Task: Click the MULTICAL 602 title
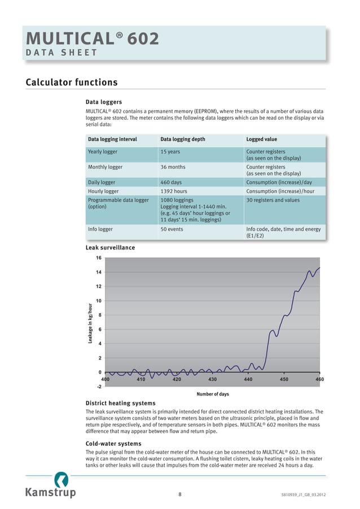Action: [x=93, y=39]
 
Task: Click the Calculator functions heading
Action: [x=72, y=82]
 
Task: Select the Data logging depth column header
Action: [x=183, y=139]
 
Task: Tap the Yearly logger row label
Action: [x=103, y=152]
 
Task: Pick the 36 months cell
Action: [x=173, y=167]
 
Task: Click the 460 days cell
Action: [x=172, y=182]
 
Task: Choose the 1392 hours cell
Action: [x=174, y=191]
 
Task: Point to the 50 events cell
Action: [x=172, y=229]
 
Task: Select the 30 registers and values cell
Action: [x=273, y=200]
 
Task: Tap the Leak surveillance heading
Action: [x=110, y=247]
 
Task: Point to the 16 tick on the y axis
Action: [x=98, y=258]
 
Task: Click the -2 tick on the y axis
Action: [x=99, y=387]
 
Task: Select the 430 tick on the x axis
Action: [x=212, y=379]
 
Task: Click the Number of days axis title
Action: [x=212, y=394]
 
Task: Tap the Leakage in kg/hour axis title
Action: [x=90, y=323]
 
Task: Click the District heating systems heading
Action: [x=120, y=403]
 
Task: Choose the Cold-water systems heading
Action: [x=113, y=444]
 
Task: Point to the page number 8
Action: [x=179, y=494]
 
